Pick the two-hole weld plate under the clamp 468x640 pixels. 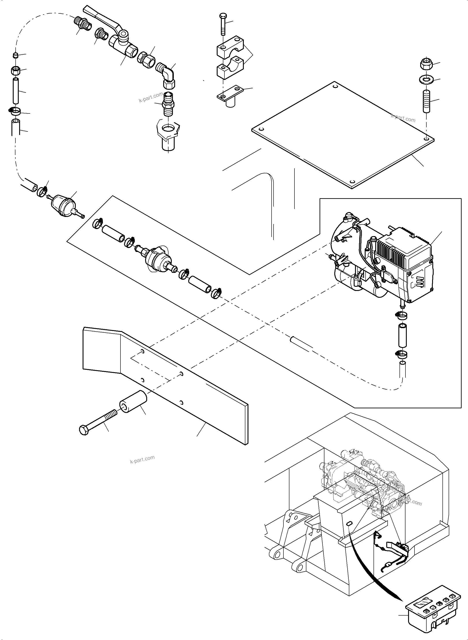(230, 94)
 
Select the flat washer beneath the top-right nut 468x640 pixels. (425, 79)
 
